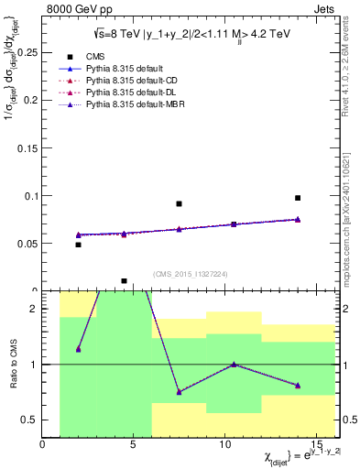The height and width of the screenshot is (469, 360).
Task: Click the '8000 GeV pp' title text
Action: click(x=75, y=8)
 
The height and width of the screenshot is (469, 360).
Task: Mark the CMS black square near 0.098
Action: click(x=298, y=198)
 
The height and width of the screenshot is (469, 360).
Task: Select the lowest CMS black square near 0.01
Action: click(x=124, y=281)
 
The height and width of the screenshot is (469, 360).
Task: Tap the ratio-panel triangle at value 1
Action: click(x=234, y=364)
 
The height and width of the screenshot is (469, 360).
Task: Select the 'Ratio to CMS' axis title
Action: click(x=12, y=365)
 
